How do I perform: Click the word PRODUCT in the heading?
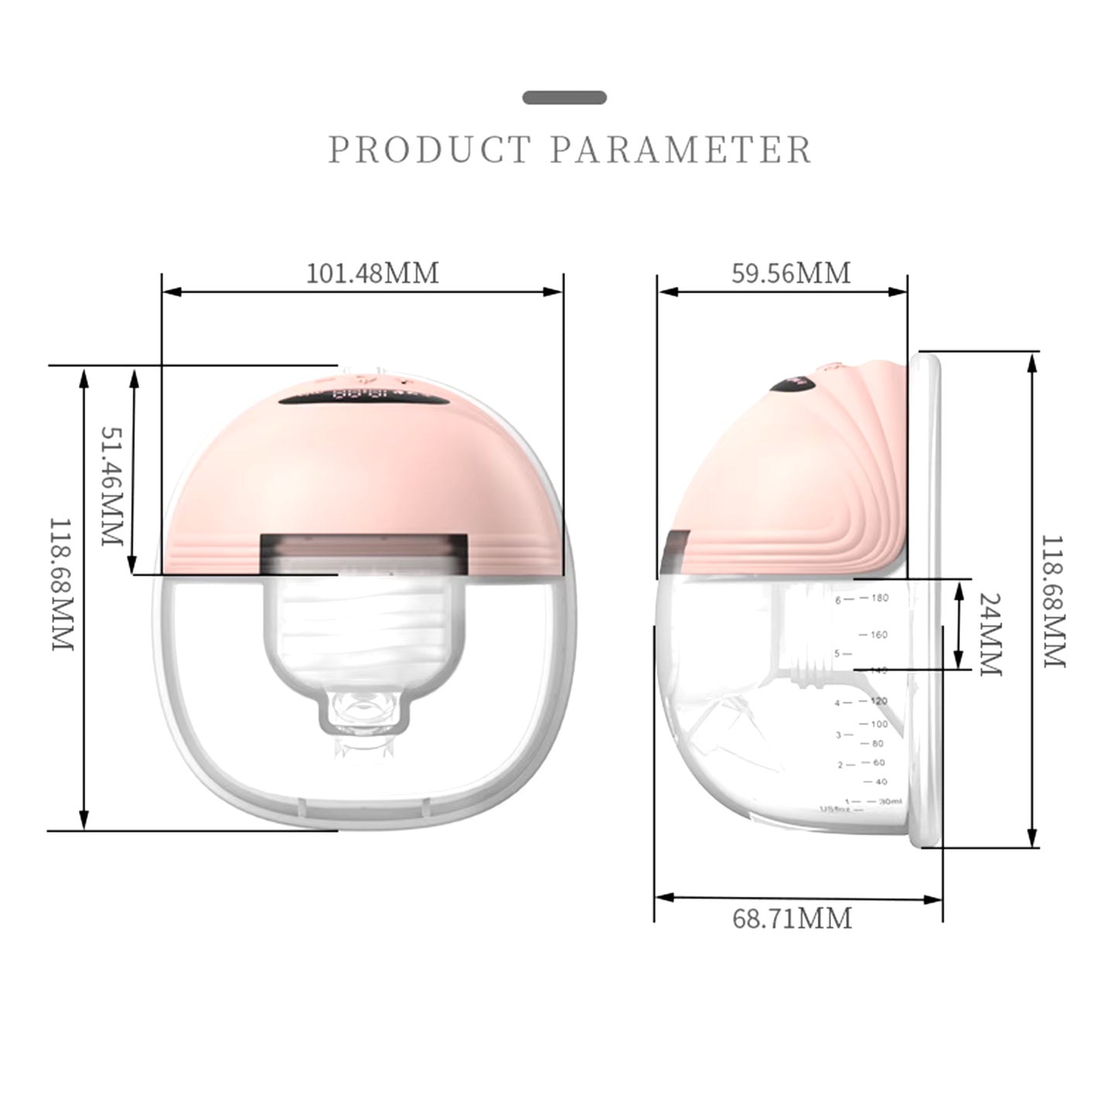click(429, 149)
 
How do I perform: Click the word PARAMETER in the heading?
click(681, 149)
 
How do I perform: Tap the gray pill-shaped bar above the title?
click(564, 97)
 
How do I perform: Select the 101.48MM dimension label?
click(372, 273)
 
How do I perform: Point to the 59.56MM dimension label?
click(790, 273)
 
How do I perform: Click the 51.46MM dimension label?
click(113, 486)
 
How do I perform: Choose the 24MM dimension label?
click(991, 634)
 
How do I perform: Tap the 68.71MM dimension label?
click(791, 918)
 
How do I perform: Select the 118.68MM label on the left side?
click(62, 584)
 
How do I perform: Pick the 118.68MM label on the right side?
click(1054, 601)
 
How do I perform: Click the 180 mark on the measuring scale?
click(879, 597)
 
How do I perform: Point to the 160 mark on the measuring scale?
click(878, 634)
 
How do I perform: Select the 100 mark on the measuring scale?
click(879, 724)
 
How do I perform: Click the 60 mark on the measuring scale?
click(878, 762)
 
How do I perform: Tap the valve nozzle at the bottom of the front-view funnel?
click(362, 713)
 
